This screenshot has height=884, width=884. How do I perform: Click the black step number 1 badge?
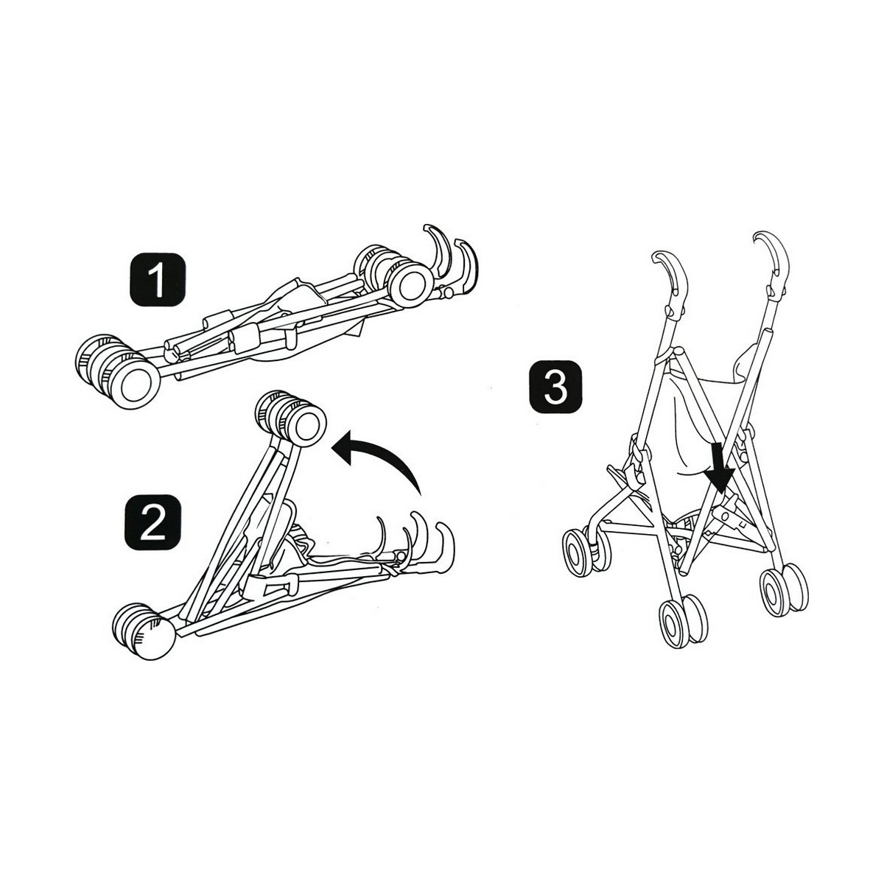click(158, 280)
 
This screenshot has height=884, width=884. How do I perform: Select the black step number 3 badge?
click(555, 387)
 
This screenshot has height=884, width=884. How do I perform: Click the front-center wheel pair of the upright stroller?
click(684, 622)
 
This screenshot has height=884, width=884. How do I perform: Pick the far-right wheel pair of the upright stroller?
click(784, 589)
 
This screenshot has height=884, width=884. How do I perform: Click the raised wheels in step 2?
click(292, 418)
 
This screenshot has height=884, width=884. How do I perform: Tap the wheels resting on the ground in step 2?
click(144, 632)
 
